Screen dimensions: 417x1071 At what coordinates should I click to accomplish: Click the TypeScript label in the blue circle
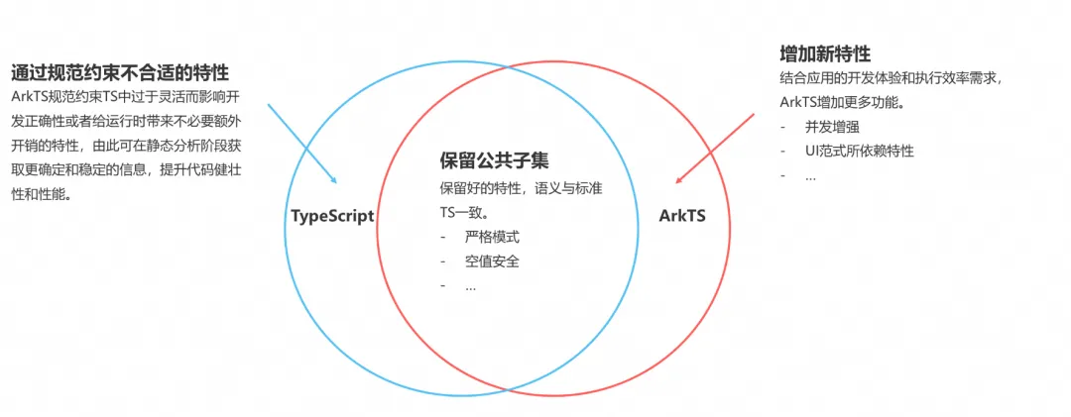(x=331, y=216)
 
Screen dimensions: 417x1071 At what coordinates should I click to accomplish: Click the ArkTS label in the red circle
(x=682, y=215)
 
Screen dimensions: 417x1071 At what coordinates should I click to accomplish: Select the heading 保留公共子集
(x=494, y=161)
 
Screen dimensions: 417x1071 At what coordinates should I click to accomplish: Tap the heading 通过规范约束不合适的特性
(x=120, y=72)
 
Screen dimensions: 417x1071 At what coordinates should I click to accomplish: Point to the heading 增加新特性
(x=825, y=53)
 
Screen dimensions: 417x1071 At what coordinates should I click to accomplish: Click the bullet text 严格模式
(x=492, y=238)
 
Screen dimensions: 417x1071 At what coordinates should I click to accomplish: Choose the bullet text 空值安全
(x=492, y=261)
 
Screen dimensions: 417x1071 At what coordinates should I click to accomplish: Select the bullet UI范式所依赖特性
(x=859, y=151)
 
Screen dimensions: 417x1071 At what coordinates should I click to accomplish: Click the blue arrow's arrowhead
(x=335, y=181)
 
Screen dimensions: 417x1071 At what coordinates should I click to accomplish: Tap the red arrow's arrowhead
(x=678, y=181)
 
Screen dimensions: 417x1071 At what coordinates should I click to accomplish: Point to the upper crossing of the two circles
(x=509, y=66)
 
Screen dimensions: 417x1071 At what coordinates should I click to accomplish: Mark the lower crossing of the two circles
(x=509, y=385)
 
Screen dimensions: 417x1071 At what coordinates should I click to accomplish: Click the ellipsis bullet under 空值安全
(x=470, y=286)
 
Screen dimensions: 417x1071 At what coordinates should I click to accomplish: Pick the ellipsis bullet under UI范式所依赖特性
(x=810, y=175)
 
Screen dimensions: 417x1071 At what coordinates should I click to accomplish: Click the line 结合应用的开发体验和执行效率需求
(x=891, y=78)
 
